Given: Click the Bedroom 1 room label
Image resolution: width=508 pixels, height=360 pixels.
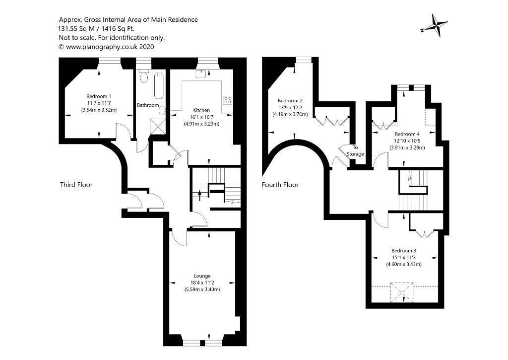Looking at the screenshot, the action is [99, 96].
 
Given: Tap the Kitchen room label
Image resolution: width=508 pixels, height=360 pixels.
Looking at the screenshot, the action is [201, 110].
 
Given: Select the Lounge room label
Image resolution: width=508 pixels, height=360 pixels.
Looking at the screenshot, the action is [202, 276].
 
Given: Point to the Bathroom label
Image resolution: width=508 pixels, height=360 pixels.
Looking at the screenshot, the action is [148, 105].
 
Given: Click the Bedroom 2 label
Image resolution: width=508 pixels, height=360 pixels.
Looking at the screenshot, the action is [290, 100].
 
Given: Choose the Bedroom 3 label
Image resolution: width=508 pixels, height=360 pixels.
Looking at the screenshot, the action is [404, 250].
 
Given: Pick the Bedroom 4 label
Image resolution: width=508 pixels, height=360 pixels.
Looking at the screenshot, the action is [407, 134].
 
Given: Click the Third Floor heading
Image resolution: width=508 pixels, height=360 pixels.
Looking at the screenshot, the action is [76, 185].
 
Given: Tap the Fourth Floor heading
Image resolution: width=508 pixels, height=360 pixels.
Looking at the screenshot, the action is [280, 185].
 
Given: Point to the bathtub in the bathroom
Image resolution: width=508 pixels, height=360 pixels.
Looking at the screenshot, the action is [159, 86].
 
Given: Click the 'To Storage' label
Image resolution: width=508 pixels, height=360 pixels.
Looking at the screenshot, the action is [355, 150].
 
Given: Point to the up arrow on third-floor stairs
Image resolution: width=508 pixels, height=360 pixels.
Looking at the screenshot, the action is [199, 194].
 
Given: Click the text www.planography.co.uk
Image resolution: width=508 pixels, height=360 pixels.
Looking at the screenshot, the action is [102, 47].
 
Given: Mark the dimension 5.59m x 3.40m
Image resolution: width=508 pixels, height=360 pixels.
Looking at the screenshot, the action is [202, 289].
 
